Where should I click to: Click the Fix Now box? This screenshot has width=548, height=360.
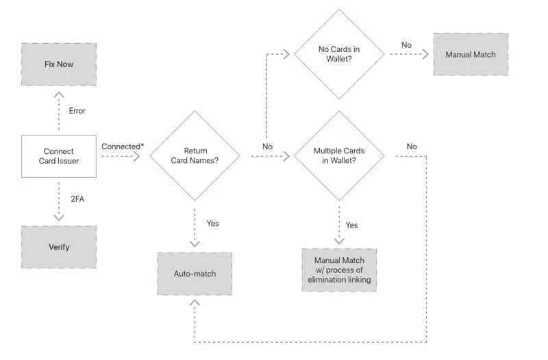click(x=58, y=64)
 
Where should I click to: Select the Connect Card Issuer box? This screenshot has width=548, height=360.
click(x=58, y=157)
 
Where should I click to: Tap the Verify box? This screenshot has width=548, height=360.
click(x=58, y=247)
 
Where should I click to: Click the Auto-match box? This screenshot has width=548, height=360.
click(x=195, y=274)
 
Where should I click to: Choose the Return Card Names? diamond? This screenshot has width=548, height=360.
click(x=195, y=157)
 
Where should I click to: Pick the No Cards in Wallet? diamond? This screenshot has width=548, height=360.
click(x=338, y=54)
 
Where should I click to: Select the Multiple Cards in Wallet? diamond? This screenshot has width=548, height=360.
click(x=338, y=156)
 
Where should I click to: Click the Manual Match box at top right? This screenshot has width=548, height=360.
click(x=471, y=54)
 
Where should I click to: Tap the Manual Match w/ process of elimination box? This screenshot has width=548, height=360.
click(x=338, y=270)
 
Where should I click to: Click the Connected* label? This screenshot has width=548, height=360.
click(x=122, y=146)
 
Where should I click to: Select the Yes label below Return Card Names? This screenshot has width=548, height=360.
click(x=213, y=223)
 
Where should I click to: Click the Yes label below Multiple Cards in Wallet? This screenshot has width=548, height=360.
click(x=351, y=224)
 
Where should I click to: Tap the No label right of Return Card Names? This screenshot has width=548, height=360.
click(x=267, y=146)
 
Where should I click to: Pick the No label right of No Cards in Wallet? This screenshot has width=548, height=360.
click(x=406, y=45)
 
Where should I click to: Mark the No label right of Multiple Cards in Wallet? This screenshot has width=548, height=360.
click(x=412, y=146)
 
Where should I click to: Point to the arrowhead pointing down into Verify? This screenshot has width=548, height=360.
click(x=58, y=217)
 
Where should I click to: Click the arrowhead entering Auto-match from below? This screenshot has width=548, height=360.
click(x=195, y=303)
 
